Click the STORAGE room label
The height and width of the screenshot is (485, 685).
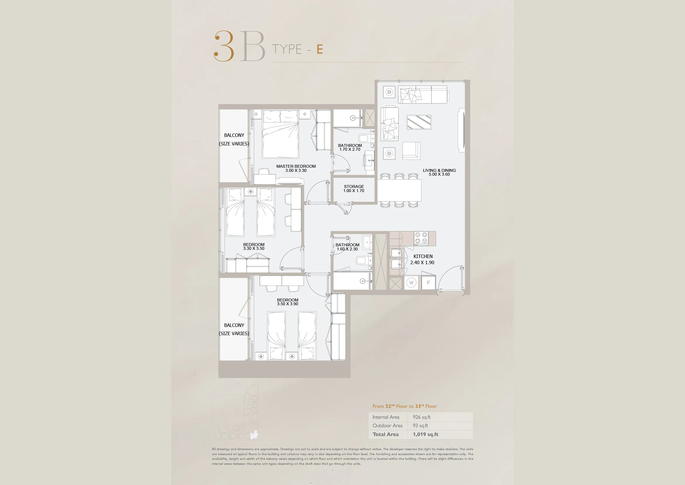point(354,186)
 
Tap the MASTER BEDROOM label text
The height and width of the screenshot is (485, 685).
point(296,166)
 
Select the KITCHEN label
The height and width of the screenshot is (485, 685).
point(423,256)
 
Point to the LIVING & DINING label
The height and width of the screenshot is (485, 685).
point(439,170)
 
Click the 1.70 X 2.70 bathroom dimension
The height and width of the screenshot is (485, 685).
point(350,149)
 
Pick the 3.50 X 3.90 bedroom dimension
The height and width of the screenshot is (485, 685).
point(287,304)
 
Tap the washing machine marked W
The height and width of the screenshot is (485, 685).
point(411,282)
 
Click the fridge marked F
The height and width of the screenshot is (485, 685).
point(428,282)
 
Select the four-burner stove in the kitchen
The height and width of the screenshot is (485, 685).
point(421,238)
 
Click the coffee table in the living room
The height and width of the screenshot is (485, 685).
point(419,122)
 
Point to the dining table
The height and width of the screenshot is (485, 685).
point(399,190)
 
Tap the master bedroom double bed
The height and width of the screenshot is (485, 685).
point(281,134)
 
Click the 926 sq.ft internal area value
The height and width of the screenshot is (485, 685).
point(421,417)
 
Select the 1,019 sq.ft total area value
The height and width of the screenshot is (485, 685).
point(426,434)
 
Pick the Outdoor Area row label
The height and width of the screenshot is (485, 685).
point(387,425)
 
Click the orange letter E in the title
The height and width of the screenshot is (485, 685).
point(320,49)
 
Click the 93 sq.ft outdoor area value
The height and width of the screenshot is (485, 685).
point(420,425)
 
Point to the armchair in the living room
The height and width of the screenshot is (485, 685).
point(411,151)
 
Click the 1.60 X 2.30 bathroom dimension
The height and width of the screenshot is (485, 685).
point(347,249)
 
